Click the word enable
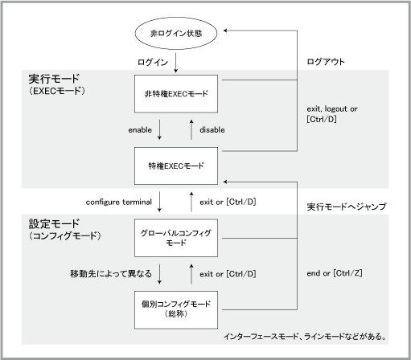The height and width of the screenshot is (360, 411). click(x=140, y=129)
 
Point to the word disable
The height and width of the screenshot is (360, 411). click(x=212, y=129)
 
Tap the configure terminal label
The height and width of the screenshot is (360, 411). click(x=119, y=202)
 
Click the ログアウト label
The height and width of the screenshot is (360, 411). click(x=326, y=62)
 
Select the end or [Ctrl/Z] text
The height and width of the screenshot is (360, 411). click(x=335, y=273)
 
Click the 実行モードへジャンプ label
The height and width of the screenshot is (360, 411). click(x=347, y=207)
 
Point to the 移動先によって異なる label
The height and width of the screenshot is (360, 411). click(x=111, y=274)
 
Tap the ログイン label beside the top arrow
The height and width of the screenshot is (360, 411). click(x=153, y=62)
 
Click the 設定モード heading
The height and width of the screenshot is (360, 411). click(x=54, y=223)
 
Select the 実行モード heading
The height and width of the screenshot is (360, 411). click(x=54, y=79)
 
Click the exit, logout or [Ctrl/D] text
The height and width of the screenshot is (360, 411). click(x=332, y=113)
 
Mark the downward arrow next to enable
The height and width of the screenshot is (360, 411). click(x=159, y=129)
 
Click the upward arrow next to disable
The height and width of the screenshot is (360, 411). click(x=191, y=129)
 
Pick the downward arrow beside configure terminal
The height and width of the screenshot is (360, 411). click(x=159, y=202)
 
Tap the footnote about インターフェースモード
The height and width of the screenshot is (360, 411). click(x=305, y=336)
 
